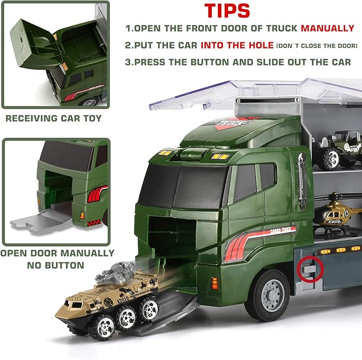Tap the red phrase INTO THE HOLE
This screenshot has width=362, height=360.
click(238, 45)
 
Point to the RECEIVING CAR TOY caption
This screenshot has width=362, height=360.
click(53, 118)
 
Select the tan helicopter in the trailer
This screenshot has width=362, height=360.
click(335, 214)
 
